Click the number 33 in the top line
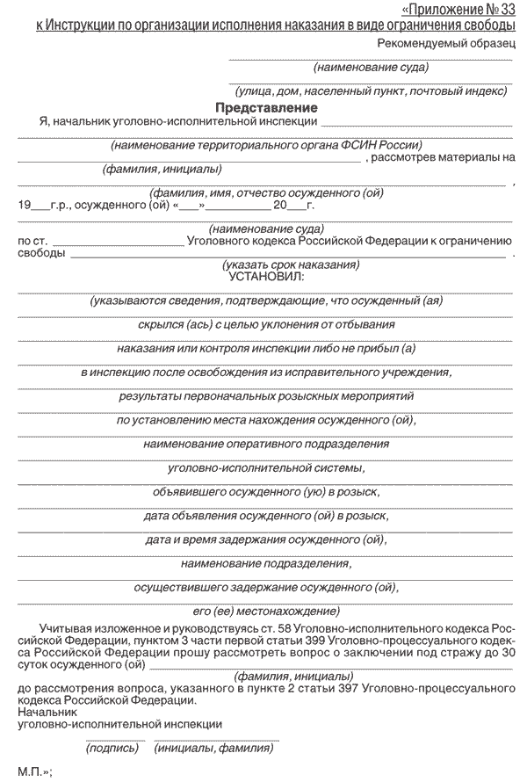507,10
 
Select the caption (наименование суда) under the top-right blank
371,67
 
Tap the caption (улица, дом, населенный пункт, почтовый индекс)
371,91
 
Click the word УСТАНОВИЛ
266,276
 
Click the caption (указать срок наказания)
291,264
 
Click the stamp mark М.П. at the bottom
33,771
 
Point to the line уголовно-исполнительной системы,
266,467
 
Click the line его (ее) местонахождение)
266,611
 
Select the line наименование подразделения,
266,563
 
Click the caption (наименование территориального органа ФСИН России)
266,145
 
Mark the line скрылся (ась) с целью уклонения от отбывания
266,324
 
